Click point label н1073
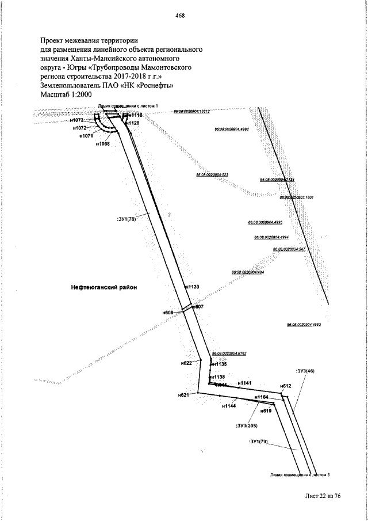[x=78, y=120]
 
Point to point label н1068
[x=103, y=144]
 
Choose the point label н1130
[x=191, y=286]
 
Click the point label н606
[x=168, y=312]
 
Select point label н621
[x=183, y=395]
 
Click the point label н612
[x=286, y=386]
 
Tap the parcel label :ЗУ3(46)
[x=305, y=371]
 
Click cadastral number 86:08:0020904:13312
[x=192, y=112]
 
